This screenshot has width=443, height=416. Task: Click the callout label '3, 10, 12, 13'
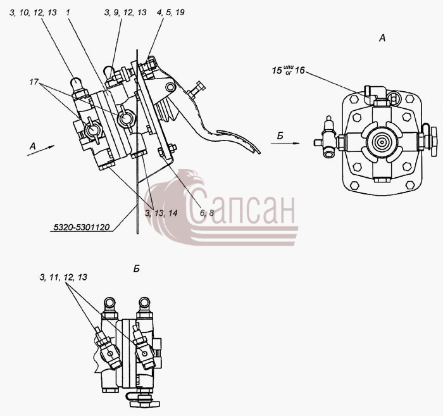(33, 13)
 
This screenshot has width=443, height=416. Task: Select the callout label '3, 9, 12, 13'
(125, 13)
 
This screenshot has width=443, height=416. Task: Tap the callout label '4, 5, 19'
(172, 13)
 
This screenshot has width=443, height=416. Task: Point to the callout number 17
(34, 82)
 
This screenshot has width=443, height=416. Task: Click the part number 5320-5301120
(82, 227)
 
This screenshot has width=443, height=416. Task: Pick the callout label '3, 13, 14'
(161, 213)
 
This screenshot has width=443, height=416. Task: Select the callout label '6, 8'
(207, 213)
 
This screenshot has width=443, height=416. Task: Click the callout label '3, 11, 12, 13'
(63, 277)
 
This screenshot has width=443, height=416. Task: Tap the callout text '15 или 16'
(289, 70)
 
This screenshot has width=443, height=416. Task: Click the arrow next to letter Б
(285, 143)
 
